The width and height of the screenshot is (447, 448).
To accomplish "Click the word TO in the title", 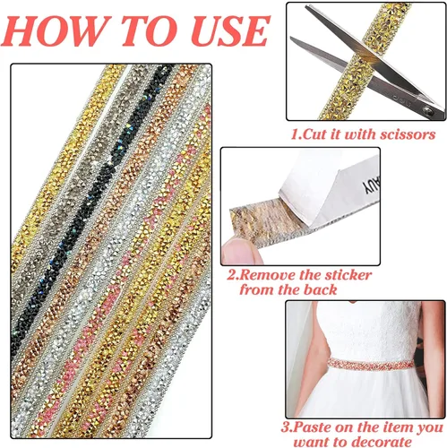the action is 150,30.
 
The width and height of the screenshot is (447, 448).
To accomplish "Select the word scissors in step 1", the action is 408,134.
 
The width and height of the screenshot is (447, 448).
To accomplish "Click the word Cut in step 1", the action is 313,134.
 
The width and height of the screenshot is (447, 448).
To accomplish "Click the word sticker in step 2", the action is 348,275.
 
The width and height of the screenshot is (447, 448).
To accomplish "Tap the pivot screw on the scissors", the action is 429,111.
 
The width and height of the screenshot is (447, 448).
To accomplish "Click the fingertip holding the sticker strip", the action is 240,252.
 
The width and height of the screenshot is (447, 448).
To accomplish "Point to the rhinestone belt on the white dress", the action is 370,365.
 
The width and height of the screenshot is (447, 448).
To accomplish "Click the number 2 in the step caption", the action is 231,275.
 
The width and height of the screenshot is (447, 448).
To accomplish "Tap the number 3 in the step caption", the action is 286,427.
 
